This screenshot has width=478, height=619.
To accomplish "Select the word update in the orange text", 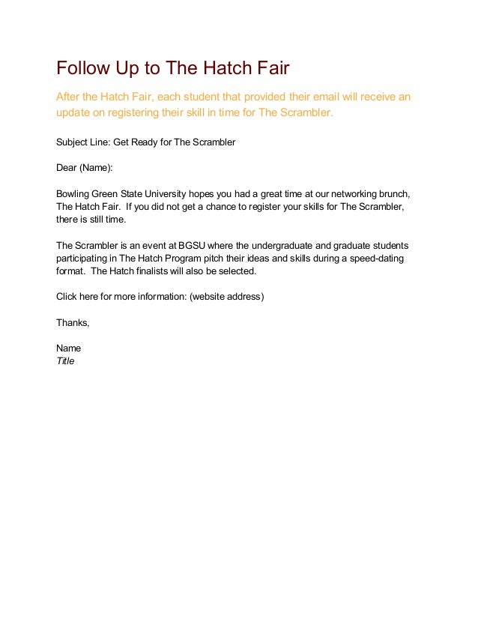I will (75, 113).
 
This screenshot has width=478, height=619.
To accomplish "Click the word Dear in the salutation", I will (67, 168).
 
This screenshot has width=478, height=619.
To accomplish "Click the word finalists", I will (149, 271).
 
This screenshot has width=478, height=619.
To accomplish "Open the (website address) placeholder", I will (227, 297).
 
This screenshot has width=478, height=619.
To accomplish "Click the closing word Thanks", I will (73, 323).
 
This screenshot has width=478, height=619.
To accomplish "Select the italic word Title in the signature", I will (66, 361).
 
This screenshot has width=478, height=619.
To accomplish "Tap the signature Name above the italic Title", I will (69, 348).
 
